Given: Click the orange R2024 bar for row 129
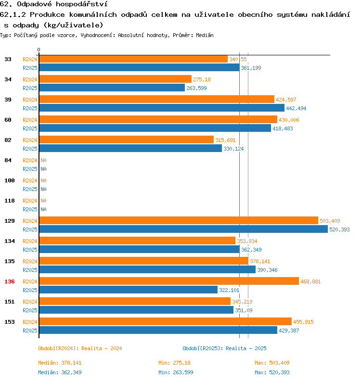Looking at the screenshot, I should click(x=178, y=220).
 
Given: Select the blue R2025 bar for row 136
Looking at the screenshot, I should click(x=128, y=290).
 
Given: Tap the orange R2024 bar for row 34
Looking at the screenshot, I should click(x=115, y=79).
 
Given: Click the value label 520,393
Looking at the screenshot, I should click(x=340, y=229).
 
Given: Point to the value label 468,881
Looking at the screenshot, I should click(x=310, y=281).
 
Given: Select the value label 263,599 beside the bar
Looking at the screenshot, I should click(x=196, y=88).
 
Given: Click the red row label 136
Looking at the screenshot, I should click(x=10, y=281).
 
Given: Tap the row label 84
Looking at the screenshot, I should click(x=8, y=160).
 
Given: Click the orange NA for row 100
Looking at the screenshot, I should click(x=43, y=180).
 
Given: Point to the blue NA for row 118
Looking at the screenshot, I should click(x=43, y=209).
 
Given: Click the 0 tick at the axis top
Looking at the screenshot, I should click(x=39, y=50).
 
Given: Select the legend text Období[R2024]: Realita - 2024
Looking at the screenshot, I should click(x=80, y=348).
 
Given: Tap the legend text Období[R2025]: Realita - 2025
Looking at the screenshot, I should click(x=224, y=348).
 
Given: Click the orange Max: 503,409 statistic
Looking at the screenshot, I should click(x=272, y=363).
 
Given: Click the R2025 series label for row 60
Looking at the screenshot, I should click(x=30, y=128).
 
